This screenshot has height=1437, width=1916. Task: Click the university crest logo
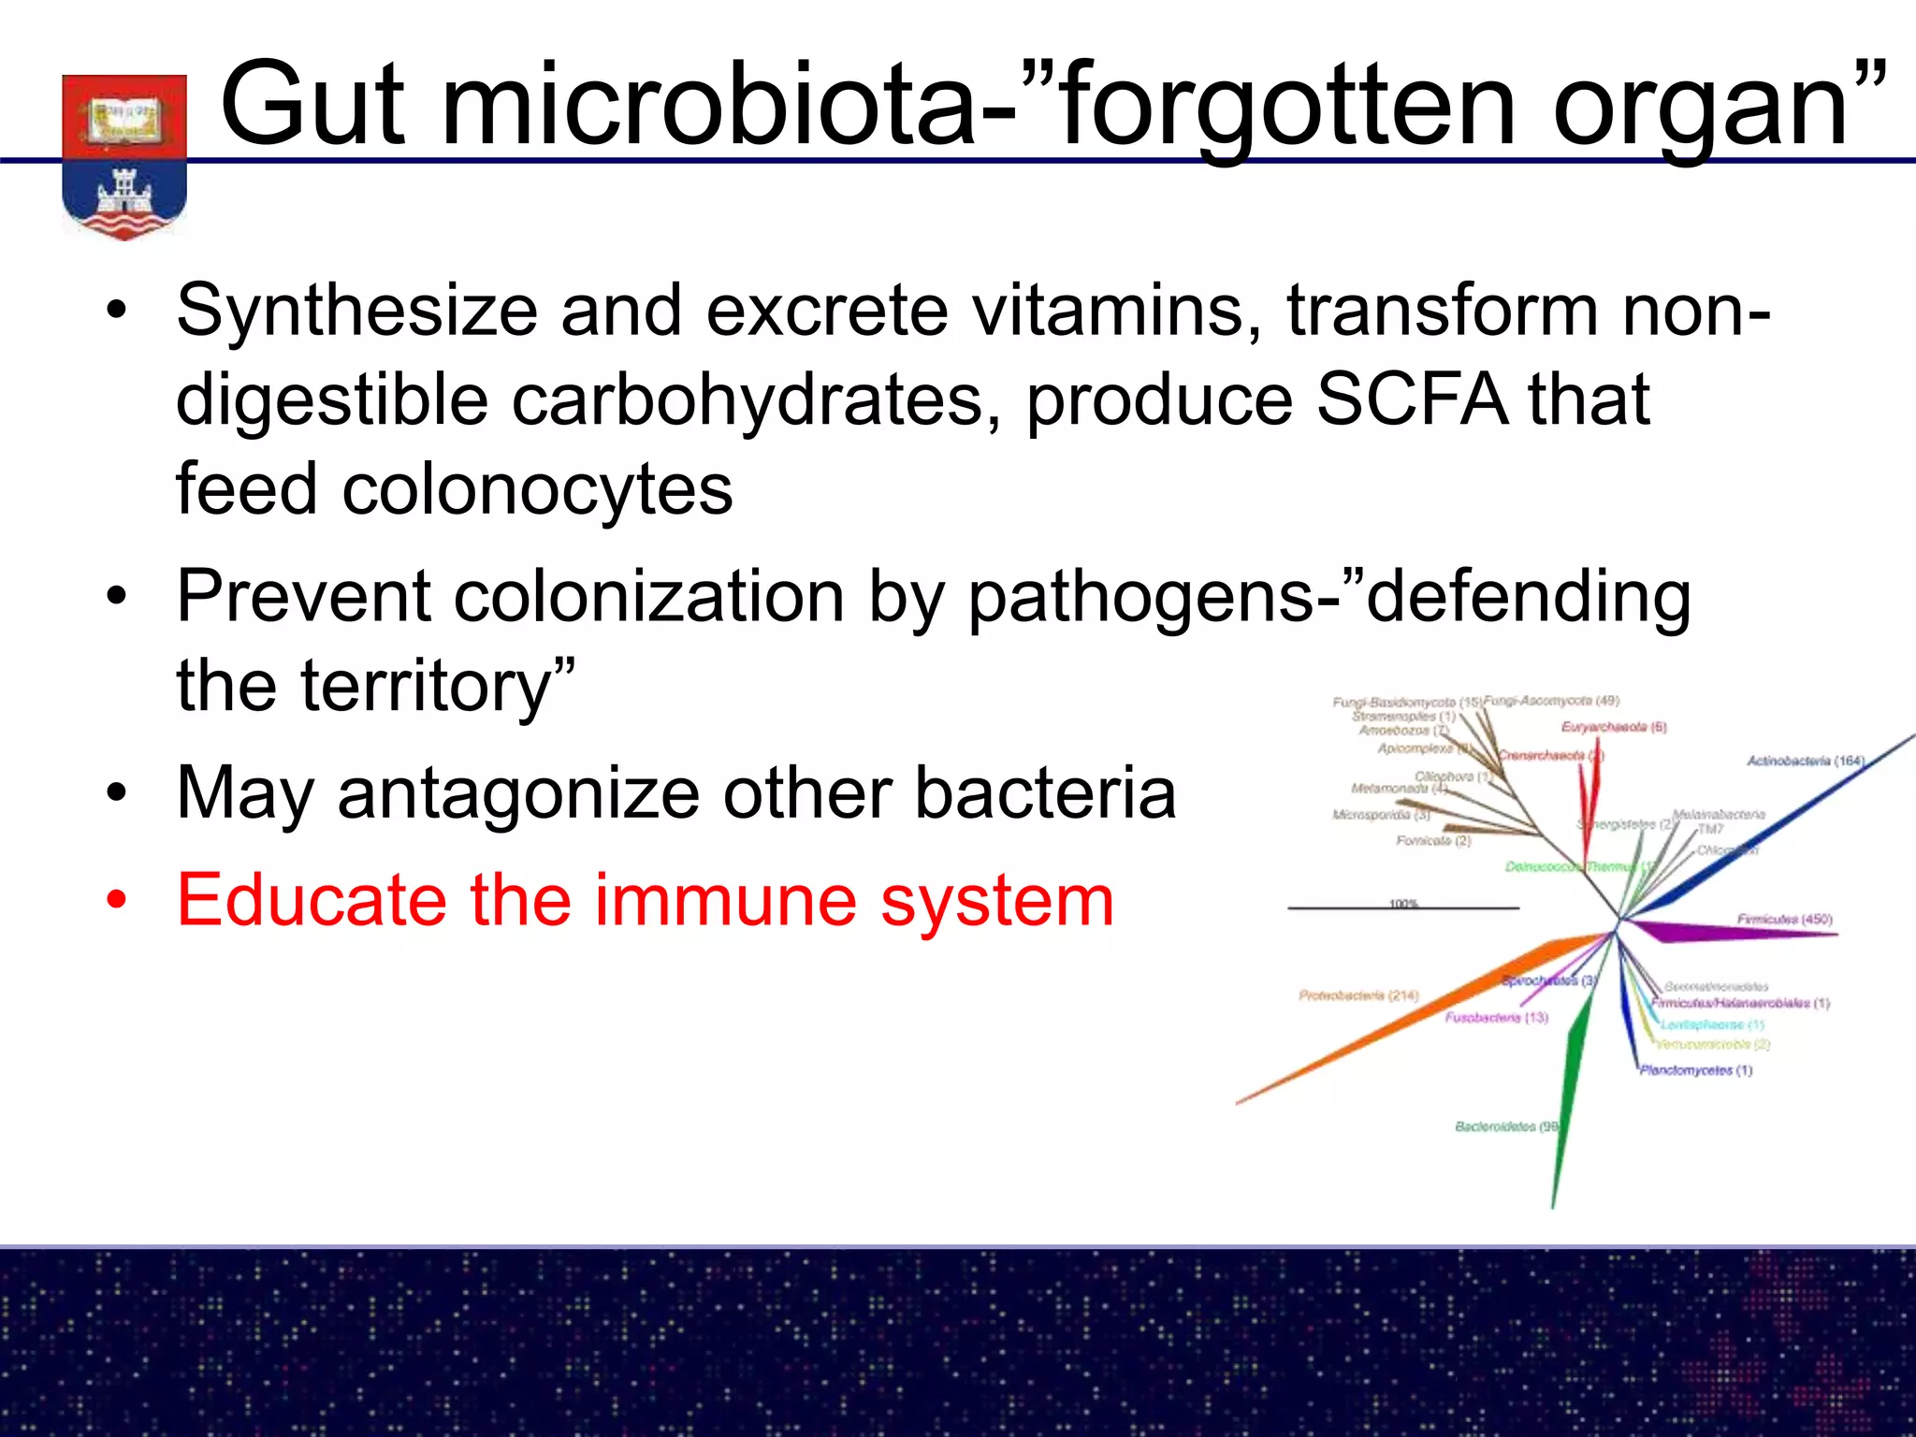click(x=124, y=155)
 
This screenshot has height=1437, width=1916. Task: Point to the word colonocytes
click(x=537, y=489)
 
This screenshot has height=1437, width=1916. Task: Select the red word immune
click(x=726, y=900)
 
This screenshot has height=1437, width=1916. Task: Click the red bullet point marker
click(x=116, y=901)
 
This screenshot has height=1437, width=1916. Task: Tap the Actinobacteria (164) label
click(x=1805, y=761)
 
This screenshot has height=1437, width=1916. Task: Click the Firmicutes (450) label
click(x=1784, y=919)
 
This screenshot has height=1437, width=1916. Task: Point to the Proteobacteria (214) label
click(x=1358, y=995)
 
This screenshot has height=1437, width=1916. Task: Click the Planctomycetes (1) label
click(x=1695, y=1070)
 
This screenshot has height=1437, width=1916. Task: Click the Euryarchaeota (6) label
click(x=1614, y=727)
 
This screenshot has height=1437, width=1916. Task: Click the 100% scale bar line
click(x=1403, y=908)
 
